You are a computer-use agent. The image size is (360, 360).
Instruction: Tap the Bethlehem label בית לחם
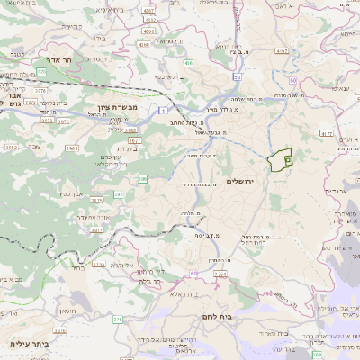pos(212,317)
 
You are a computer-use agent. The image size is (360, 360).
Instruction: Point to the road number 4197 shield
pos(282,51)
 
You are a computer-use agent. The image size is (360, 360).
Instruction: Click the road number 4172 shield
pos(325,133)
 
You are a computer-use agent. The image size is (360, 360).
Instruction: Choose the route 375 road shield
pos(117,319)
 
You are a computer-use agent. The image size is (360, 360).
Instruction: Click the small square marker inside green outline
pos(287,158)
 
